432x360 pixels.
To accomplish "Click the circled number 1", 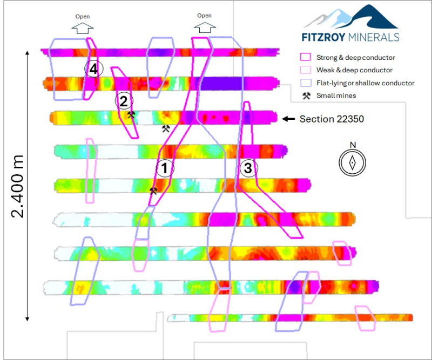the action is tap(165, 168).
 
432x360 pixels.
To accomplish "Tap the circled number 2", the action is tap(124, 101).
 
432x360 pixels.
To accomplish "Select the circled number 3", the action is tap(249, 168).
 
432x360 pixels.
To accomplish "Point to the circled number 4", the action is tap(93, 69).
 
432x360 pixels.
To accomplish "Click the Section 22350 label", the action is tap(332, 119).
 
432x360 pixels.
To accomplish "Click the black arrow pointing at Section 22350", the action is tap(288, 119).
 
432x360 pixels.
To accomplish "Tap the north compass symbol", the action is tap(353, 163).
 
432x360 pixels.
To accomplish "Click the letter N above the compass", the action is tap(353, 145).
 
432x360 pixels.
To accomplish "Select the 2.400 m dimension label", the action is tap(17, 186).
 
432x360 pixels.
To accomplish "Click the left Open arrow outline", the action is tap(83, 29).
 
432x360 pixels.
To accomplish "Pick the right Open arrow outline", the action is tap(205, 28).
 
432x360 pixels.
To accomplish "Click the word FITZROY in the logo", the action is tap(323, 37).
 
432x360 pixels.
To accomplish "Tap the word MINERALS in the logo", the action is tap(374, 37).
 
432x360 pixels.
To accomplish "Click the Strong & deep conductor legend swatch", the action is tap(305, 57).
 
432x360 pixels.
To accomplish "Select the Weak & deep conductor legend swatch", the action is tap(305, 70).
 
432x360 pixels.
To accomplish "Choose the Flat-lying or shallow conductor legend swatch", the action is tap(306, 83).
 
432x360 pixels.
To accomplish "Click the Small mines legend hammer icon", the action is tap(306, 96).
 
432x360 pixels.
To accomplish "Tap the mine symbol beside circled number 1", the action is tap(153, 191).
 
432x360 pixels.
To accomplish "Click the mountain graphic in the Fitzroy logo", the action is tap(351, 17).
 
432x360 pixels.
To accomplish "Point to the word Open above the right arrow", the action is tap(205, 16).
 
